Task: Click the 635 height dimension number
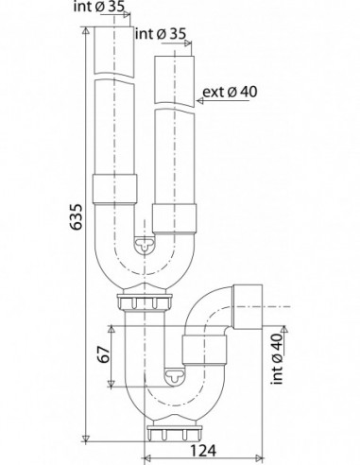(x=77, y=216)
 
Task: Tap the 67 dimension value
(x=104, y=355)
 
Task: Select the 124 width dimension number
(x=203, y=451)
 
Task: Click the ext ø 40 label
(x=230, y=92)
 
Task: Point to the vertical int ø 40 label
(x=277, y=359)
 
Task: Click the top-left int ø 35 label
(x=99, y=7)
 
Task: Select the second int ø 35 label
(x=161, y=34)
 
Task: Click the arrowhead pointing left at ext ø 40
(x=200, y=101)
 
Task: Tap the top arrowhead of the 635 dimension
(x=86, y=31)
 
